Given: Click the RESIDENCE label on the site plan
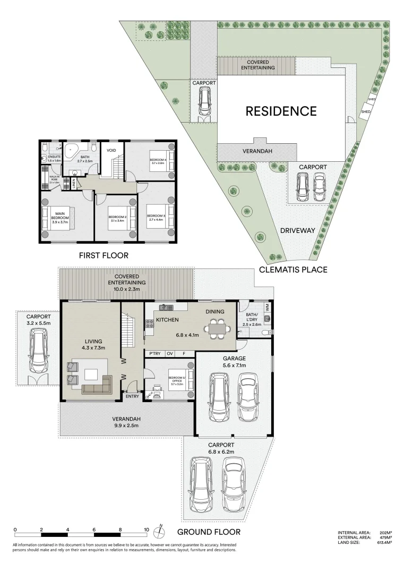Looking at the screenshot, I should tap(281, 111).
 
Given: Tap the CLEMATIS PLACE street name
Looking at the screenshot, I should tap(293, 270).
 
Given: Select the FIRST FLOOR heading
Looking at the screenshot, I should tap(104, 255).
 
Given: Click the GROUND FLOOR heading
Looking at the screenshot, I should tap(209, 532).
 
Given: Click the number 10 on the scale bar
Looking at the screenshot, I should tap(146, 529).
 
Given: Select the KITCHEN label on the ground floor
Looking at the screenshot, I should tap(167, 320).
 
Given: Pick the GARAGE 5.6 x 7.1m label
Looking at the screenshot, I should tap(234, 362).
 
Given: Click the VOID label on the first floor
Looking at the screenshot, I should tap(111, 151).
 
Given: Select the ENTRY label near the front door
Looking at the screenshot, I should tap(132, 396).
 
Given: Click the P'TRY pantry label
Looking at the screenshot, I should tap(154, 353).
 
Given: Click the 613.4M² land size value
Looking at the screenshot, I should tap(384, 543).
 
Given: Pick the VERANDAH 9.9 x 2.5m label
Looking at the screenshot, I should tap(126, 422).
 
